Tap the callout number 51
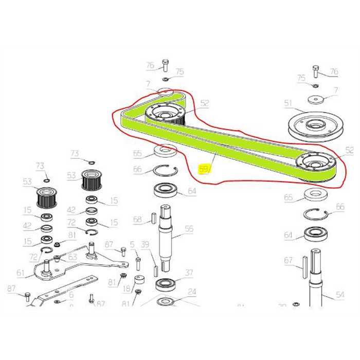click(x=288, y=103)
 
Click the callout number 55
click(x=189, y=229)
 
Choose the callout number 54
click(x=340, y=295)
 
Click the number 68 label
click(x=137, y=220)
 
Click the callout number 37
click(x=189, y=273)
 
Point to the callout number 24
click(x=192, y=292)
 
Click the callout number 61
click(x=20, y=273)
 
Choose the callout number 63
click(x=72, y=256)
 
